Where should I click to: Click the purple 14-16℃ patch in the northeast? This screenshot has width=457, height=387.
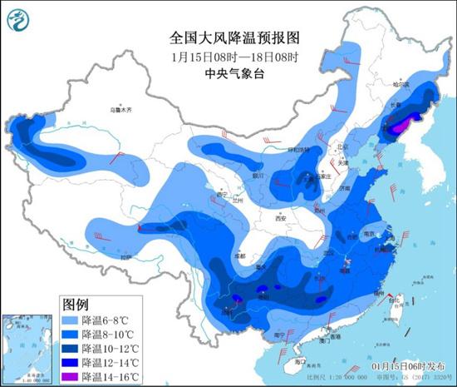tap(401, 125)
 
